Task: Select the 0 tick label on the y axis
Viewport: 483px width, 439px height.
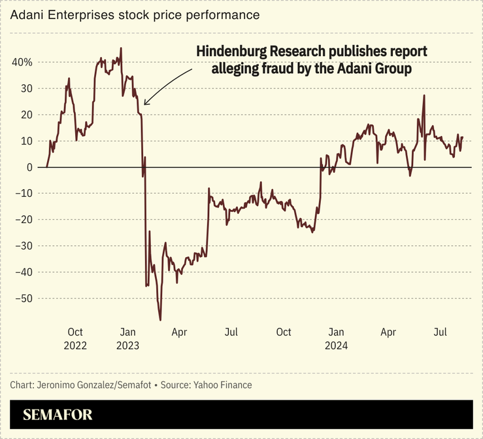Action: coord(29,167)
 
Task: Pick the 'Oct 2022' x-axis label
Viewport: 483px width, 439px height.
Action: coord(75,338)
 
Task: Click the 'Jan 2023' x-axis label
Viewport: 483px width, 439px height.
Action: coord(128,338)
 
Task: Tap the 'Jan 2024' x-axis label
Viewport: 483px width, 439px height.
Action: coord(337,338)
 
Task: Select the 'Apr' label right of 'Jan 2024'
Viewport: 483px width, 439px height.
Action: coord(388,332)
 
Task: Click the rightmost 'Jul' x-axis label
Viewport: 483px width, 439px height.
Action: coord(441,332)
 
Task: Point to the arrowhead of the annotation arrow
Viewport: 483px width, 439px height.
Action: coord(145,103)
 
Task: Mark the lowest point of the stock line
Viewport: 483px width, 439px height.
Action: coord(160,320)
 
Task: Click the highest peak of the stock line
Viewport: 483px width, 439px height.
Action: coord(121,48)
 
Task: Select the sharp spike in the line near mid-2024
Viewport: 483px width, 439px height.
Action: coord(424,96)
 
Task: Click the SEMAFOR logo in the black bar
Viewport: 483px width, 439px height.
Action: coord(58,414)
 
